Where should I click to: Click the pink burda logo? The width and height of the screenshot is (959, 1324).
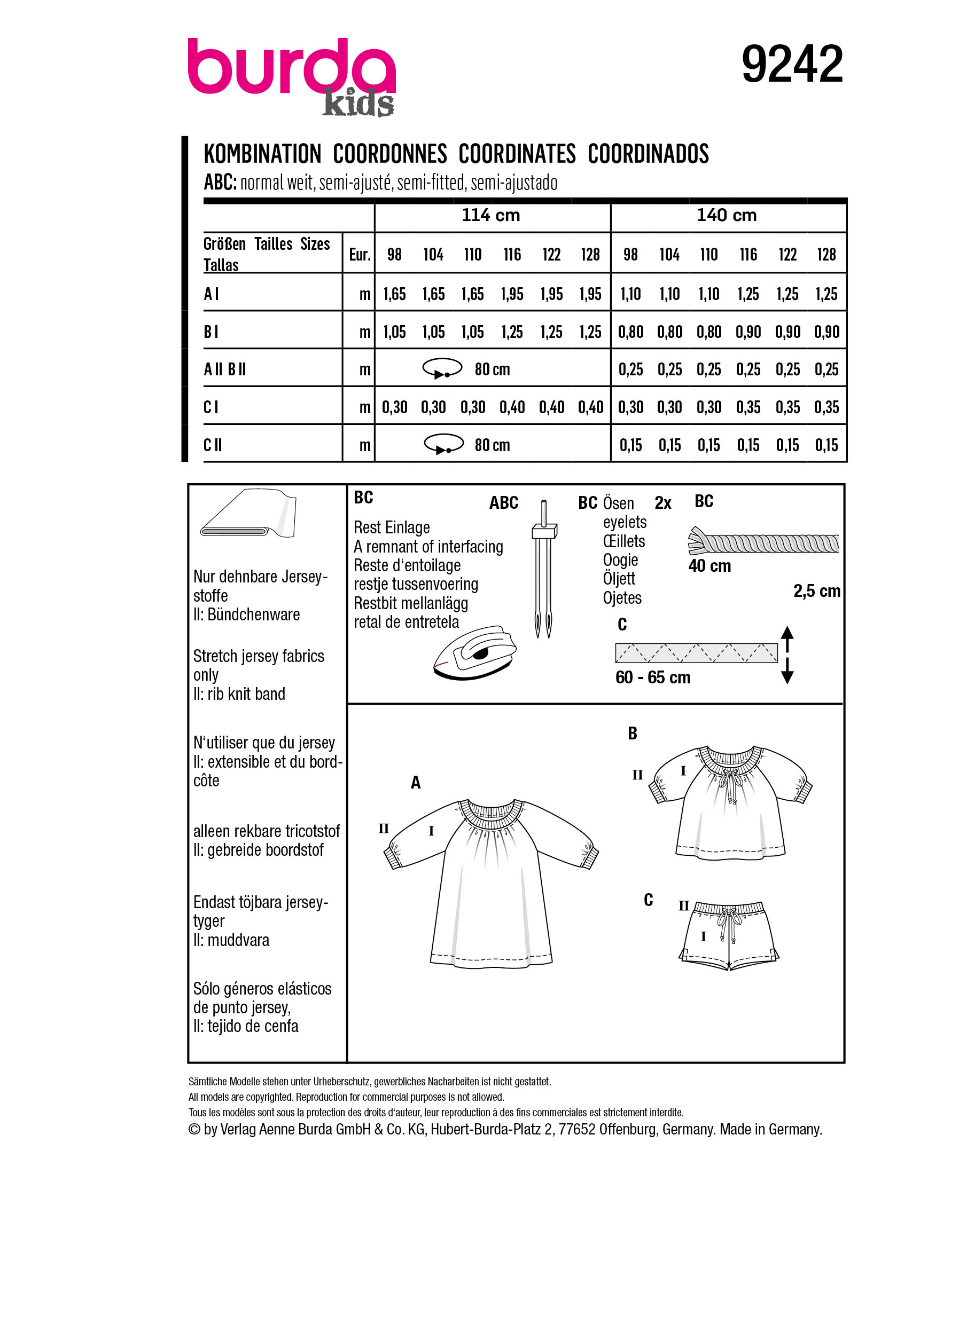tap(291, 67)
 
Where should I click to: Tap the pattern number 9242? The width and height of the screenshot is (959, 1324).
tap(791, 64)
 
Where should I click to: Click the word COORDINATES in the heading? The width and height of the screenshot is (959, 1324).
tap(517, 154)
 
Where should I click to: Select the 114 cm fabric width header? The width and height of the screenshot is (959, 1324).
tap(490, 215)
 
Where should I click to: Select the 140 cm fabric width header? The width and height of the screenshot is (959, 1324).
tap(727, 215)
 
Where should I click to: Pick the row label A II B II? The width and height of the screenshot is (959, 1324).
tap(225, 369)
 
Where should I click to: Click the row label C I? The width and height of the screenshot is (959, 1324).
tap(211, 407)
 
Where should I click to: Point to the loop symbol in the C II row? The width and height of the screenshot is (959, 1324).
tap(443, 444)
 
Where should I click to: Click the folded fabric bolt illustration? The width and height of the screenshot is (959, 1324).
tap(248, 514)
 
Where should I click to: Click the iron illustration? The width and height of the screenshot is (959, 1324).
tap(475, 653)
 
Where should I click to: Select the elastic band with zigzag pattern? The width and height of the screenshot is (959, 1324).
tap(696, 653)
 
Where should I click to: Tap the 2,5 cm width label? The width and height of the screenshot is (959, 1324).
tap(816, 592)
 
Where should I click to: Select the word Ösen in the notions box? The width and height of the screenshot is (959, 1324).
tap(618, 503)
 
